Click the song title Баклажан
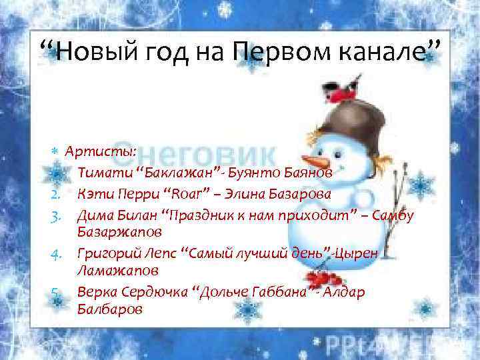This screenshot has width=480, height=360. coord(177,173)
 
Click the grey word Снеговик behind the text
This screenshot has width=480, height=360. coord(193,154)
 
